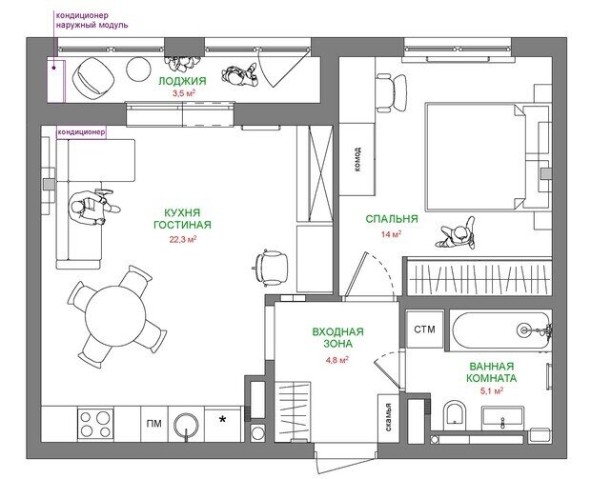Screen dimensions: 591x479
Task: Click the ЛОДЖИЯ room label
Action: click(182, 81)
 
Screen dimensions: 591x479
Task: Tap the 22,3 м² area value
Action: click(183, 239)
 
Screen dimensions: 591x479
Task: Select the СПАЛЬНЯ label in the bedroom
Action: click(392, 219)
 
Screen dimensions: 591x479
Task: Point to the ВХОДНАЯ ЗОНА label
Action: click(338, 338)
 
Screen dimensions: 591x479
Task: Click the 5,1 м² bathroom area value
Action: click(492, 391)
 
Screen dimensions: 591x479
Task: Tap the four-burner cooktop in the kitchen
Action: click(95, 424)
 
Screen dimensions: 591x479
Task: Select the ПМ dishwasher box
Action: click(154, 424)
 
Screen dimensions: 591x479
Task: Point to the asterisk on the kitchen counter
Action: click(223, 419)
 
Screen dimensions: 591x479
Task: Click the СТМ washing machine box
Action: click(424, 329)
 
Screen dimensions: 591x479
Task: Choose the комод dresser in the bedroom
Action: click(357, 159)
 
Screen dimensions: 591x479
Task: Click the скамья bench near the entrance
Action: click(389, 418)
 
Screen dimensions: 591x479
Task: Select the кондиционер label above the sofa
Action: click(81, 132)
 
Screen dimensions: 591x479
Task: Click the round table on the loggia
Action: click(139, 69)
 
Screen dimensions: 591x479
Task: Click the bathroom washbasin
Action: click(502, 418)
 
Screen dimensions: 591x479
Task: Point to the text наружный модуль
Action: click(92, 25)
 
